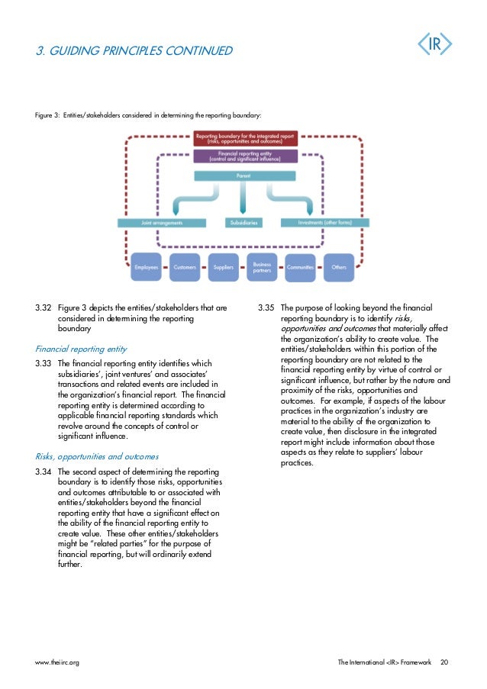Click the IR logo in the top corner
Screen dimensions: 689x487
[x=434, y=45]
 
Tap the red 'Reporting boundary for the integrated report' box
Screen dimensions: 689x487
[x=245, y=139]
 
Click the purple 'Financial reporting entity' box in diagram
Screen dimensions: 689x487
[x=245, y=156]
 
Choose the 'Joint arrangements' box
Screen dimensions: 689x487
[x=161, y=223]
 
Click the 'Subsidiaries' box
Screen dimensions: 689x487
[x=244, y=223]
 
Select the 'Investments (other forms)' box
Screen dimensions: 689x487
[x=324, y=223]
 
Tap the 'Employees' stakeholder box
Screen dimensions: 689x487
[x=147, y=268]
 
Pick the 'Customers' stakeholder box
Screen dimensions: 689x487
[x=185, y=268]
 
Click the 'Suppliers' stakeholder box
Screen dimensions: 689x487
[x=224, y=268]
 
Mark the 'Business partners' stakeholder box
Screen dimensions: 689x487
[x=262, y=268]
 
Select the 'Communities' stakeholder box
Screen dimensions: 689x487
[x=301, y=268]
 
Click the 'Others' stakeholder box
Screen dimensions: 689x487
[x=339, y=268]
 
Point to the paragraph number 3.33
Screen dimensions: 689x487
[x=43, y=364]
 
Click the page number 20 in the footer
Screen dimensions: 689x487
[x=444, y=662]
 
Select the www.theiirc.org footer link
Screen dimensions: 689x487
[x=57, y=662]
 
